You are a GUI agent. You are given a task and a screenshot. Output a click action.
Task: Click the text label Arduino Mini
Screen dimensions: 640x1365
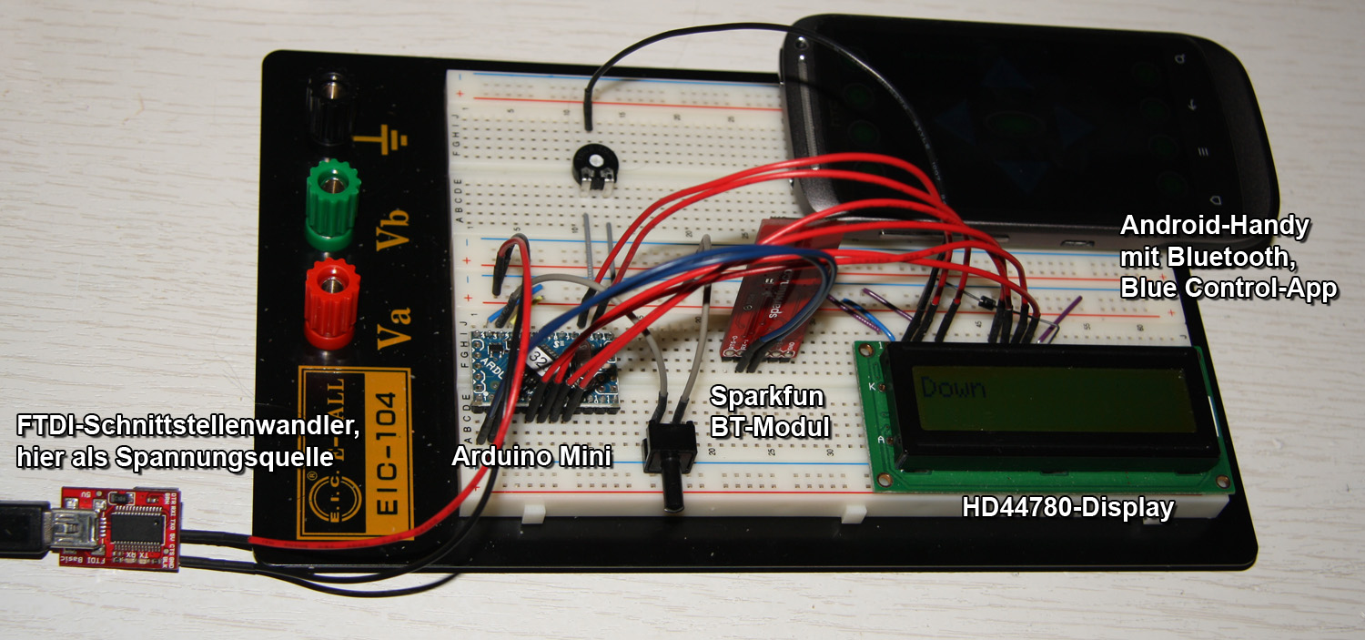click(531, 456)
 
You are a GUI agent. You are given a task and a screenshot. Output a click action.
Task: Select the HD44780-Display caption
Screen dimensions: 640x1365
click(1067, 508)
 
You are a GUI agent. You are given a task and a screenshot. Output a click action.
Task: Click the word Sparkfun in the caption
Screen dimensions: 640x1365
click(766, 397)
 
